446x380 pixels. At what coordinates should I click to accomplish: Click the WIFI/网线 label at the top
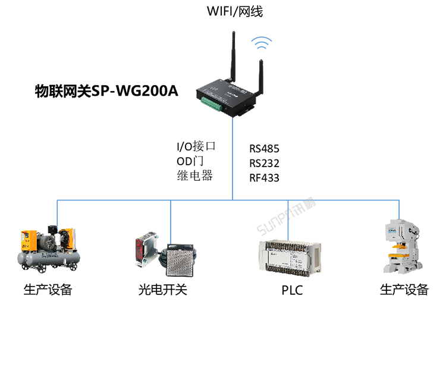(234, 12)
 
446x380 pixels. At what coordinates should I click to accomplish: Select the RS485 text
(264, 149)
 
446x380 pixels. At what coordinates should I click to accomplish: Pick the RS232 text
(264, 163)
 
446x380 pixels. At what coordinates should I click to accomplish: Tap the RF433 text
(264, 177)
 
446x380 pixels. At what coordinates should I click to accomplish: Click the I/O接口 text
(195, 146)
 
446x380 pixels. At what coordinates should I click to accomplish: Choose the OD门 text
(190, 161)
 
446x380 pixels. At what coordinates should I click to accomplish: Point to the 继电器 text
(194, 176)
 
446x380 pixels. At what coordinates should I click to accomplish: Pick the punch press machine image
(404, 247)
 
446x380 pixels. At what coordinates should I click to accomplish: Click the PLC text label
(292, 291)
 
